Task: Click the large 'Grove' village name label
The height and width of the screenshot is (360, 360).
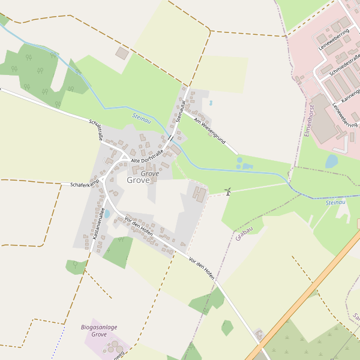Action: [x=138, y=179]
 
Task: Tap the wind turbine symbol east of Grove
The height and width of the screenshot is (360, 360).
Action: [x=228, y=191]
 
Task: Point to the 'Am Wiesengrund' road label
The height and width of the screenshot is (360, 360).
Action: [x=209, y=130]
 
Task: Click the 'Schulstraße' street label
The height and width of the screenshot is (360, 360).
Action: [x=97, y=130]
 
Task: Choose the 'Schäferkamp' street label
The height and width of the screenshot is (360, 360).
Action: [x=84, y=184]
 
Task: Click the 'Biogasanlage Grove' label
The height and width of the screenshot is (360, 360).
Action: [x=99, y=331]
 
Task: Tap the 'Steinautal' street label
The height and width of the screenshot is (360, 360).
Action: [x=181, y=110]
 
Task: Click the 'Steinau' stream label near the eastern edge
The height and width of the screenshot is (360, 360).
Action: [x=336, y=203]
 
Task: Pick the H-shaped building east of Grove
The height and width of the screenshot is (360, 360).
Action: [x=199, y=194]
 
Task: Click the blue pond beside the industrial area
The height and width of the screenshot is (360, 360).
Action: [x=332, y=161]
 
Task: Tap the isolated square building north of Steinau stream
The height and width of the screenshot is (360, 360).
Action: [x=122, y=53]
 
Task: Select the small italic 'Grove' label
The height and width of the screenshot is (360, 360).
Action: [x=150, y=173]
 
